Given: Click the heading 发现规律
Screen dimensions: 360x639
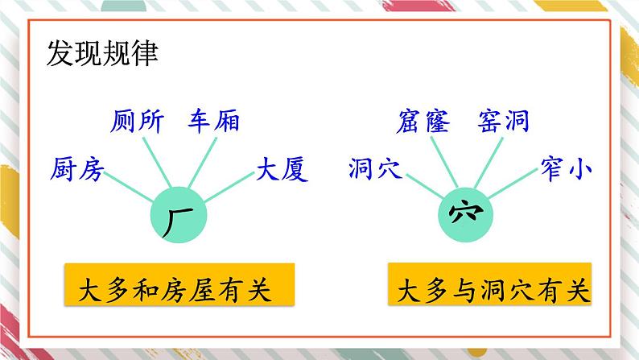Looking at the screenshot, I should [102, 56].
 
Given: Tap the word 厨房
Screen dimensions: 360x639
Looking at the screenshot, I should [76, 169].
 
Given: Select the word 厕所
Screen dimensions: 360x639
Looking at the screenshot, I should [137, 122].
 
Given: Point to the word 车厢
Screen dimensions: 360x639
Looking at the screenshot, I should [214, 122].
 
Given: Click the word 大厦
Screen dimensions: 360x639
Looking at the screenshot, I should [282, 169].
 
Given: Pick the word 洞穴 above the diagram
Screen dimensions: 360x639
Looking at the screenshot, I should [375, 169].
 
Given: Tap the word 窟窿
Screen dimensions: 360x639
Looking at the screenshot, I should [424, 122].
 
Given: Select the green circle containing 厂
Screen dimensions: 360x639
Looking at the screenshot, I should [179, 215].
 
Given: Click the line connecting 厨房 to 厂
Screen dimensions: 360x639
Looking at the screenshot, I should [130, 184].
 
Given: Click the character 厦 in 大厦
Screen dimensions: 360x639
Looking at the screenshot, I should [295, 169].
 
